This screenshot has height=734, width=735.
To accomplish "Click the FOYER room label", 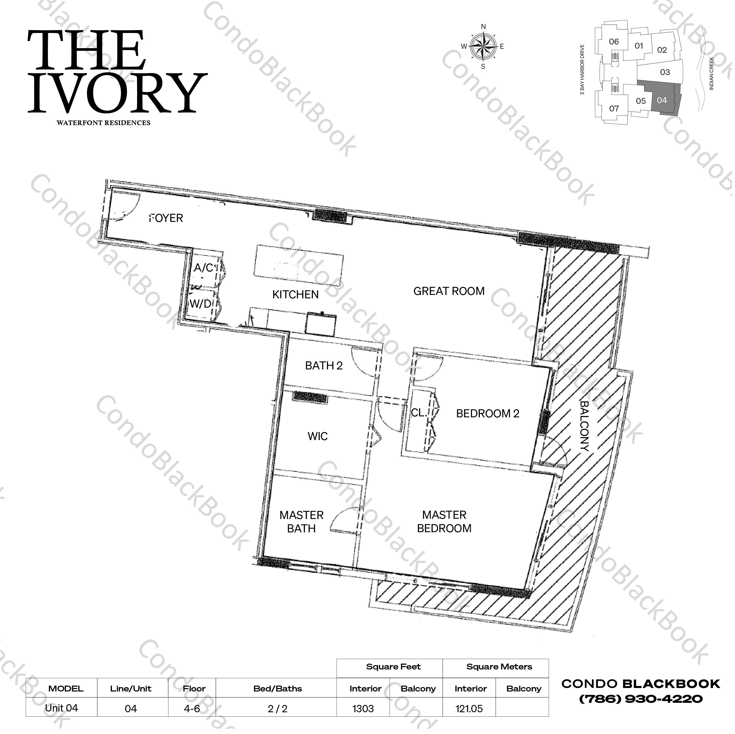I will pyautogui.click(x=166, y=218).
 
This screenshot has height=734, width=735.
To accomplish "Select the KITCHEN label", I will pyautogui.click(x=295, y=294).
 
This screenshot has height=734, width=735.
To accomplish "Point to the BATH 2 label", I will pyautogui.click(x=324, y=366).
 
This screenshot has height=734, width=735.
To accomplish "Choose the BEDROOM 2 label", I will pyautogui.click(x=487, y=413).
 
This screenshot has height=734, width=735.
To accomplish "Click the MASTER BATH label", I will pyautogui.click(x=301, y=521).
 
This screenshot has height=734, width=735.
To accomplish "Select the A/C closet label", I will pyautogui.click(x=204, y=268).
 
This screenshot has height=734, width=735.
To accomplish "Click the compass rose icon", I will pyautogui.click(x=483, y=46).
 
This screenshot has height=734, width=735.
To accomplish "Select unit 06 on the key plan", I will pyautogui.click(x=614, y=42).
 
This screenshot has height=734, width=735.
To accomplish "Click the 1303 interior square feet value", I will pyautogui.click(x=363, y=709).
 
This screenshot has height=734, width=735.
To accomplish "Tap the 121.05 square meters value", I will pyautogui.click(x=469, y=709).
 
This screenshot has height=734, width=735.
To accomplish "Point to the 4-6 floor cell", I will pyautogui.click(x=192, y=709).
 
